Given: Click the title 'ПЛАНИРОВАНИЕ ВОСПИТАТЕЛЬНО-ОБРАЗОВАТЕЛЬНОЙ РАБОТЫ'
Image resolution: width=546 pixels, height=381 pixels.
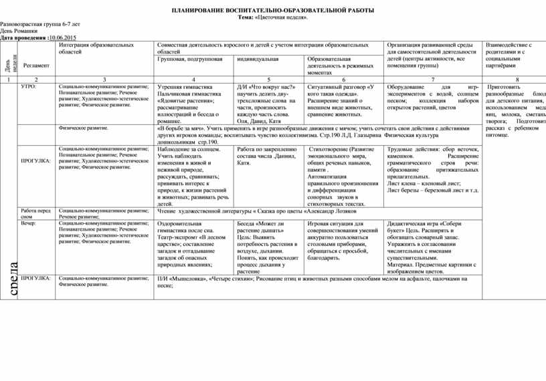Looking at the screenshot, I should point(273,11).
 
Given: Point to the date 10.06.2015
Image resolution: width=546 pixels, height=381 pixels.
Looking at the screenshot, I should point(63,37).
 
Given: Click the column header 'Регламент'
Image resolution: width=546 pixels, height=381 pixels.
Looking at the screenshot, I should point(35,66).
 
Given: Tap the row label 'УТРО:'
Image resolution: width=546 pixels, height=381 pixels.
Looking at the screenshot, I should point(29,87).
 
